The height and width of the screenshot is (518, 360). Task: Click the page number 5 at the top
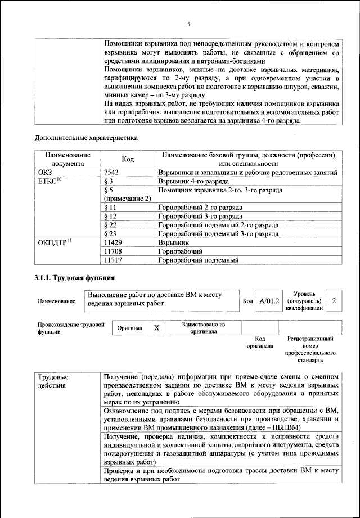coord(189,24)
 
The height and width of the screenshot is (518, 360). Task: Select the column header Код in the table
coord(127,159)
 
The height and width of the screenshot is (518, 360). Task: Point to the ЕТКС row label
coord(50,182)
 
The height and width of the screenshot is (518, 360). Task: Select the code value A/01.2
coord(269,301)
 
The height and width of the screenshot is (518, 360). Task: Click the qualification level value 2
coord(334,301)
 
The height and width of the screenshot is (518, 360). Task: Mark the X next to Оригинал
coord(157,328)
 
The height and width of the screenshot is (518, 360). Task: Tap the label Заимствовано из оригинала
coord(203,328)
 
